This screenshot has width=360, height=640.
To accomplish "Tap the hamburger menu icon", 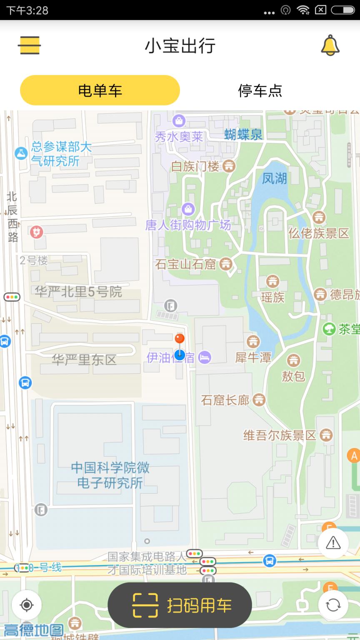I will [29, 45].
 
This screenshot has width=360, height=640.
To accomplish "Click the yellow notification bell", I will [330, 45].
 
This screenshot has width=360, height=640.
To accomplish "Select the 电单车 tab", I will [100, 90].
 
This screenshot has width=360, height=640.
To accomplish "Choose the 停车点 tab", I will [260, 90].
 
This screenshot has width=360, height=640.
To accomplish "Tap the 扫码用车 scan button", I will [180, 605].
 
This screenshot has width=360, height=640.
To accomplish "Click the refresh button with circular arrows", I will [333, 605].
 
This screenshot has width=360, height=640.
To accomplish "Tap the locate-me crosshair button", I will [27, 605].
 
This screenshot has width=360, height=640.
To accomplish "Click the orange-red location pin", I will [180, 338].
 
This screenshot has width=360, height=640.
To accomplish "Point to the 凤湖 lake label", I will [274, 178].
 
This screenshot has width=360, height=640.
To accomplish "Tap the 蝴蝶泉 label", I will [243, 134].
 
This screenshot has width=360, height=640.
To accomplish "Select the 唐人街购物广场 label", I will [188, 225].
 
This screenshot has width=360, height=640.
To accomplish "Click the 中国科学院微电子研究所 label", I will [110, 475].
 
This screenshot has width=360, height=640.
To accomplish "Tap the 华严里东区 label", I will [84, 359].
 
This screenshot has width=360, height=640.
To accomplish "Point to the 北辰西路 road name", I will [12, 217].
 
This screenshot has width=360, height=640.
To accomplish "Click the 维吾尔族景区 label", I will [280, 436].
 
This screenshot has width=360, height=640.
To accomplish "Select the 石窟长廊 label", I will [225, 400].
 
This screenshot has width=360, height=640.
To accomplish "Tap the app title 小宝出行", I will [180, 45].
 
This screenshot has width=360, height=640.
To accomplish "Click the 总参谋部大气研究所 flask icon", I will [21, 153].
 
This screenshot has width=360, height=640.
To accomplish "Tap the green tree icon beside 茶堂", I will [329, 329].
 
